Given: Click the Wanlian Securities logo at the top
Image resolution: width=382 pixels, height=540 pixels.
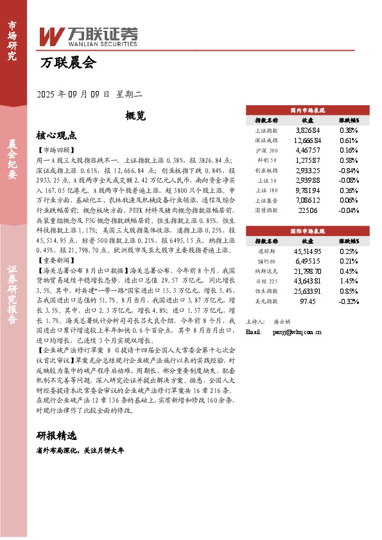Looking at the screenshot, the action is pyautogui.click(x=89, y=36).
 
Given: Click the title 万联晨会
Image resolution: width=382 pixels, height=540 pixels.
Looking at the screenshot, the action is pyautogui.click(x=67, y=63).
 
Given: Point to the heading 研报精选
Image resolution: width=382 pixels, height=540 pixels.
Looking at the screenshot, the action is pyautogui.click(x=56, y=435).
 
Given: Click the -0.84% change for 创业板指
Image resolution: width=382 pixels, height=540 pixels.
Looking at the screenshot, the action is pyautogui.click(x=349, y=171).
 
